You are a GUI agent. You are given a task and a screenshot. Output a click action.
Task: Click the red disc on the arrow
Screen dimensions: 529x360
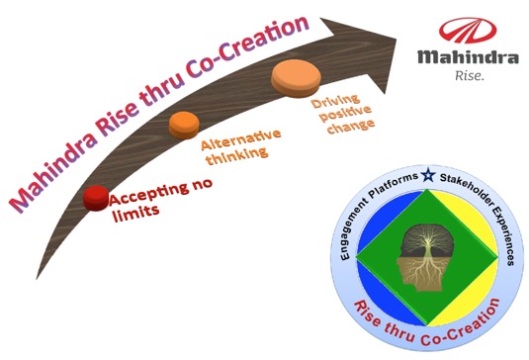coord(96,198)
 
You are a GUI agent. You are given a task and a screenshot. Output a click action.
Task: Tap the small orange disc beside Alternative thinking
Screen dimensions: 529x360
coord(184,125)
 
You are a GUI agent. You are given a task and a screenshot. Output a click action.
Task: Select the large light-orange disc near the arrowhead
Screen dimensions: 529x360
coord(296,78)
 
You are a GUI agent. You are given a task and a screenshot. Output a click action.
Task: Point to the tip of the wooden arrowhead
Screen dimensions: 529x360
coord(397,40)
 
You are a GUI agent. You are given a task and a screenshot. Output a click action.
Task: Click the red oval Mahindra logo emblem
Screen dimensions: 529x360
coord(468,31)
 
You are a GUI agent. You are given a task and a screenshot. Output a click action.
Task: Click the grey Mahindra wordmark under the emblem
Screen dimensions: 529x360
coord(469,57)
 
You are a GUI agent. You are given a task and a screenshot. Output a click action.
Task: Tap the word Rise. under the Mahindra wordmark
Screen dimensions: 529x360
coord(470,75)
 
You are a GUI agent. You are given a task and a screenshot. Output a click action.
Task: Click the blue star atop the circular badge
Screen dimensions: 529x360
coord(428,175)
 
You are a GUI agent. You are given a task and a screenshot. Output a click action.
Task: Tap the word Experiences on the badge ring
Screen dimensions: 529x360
coord(503,235)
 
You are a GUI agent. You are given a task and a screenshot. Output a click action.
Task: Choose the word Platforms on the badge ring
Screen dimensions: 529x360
coord(394,185)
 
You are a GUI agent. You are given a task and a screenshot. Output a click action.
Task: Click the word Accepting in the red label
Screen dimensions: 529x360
coord(148,195)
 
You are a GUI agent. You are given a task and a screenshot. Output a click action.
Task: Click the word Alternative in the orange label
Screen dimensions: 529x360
coord(241,139)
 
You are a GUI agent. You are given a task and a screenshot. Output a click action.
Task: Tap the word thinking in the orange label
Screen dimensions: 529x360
coord(237,155)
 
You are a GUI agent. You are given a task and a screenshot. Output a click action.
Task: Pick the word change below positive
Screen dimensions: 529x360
coord(351,127)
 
